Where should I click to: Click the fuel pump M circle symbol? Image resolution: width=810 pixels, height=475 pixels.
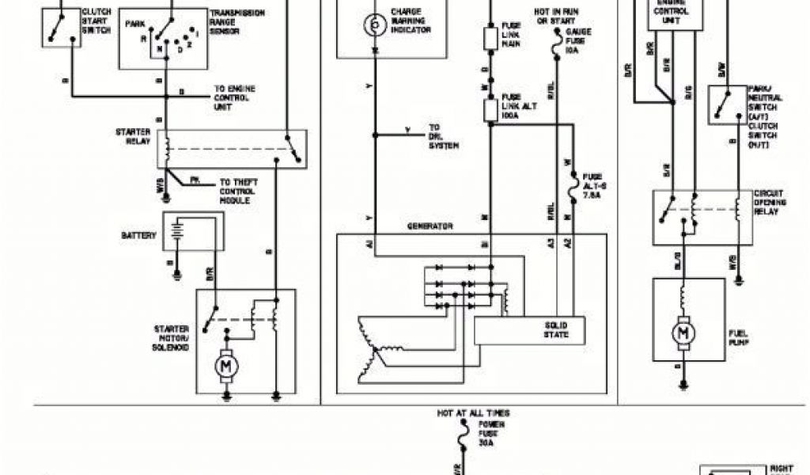682,333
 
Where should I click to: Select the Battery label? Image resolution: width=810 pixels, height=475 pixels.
139,236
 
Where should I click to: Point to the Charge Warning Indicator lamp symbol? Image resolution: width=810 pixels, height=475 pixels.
373,25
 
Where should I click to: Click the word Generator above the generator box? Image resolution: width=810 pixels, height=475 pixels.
430,226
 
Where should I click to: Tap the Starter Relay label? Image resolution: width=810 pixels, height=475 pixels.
131,137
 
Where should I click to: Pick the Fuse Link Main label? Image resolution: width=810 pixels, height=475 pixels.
511,35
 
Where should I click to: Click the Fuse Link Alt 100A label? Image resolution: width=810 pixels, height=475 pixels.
520,107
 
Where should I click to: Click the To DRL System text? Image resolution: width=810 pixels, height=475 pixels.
443,136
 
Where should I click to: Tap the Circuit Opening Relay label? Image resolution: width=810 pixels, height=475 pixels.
770,203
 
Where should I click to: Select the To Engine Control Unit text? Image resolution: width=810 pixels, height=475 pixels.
235,98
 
